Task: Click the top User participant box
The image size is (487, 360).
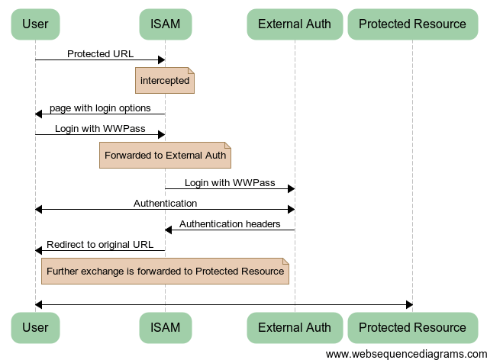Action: click(x=35, y=24)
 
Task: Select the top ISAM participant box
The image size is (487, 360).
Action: click(x=165, y=24)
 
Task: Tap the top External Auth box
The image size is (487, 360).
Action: click(x=295, y=24)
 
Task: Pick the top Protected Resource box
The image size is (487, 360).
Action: click(x=412, y=24)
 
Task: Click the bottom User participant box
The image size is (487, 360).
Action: click(x=35, y=327)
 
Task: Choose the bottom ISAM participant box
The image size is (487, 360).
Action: click(x=165, y=327)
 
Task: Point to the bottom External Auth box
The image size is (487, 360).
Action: click(x=295, y=327)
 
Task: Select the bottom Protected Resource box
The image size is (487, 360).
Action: click(x=412, y=327)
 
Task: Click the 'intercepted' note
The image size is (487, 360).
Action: click(x=165, y=81)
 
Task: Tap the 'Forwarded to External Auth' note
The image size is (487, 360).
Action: click(x=165, y=155)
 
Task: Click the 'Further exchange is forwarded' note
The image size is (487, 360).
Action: click(x=165, y=271)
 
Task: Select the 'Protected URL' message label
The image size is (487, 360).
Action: click(x=100, y=54)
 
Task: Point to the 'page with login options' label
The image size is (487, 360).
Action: click(x=100, y=108)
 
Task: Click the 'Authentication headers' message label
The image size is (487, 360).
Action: click(x=230, y=224)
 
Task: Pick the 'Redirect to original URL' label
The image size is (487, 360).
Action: click(x=100, y=245)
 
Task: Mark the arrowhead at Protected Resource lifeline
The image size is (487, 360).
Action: click(x=408, y=305)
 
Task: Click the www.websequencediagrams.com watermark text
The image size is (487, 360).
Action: click(x=405, y=354)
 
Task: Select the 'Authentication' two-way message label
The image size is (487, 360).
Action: click(x=165, y=204)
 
